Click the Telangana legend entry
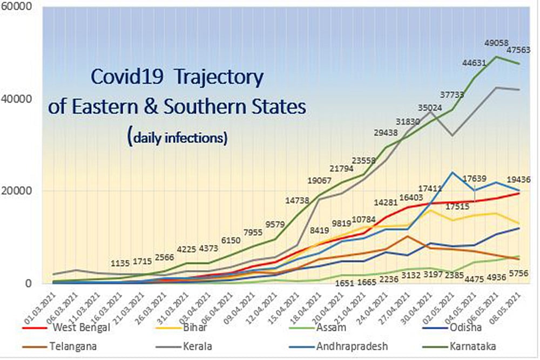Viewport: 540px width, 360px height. tap(77, 346)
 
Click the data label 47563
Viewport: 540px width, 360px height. tap(517, 50)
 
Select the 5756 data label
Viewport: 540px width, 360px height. tap(522, 275)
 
